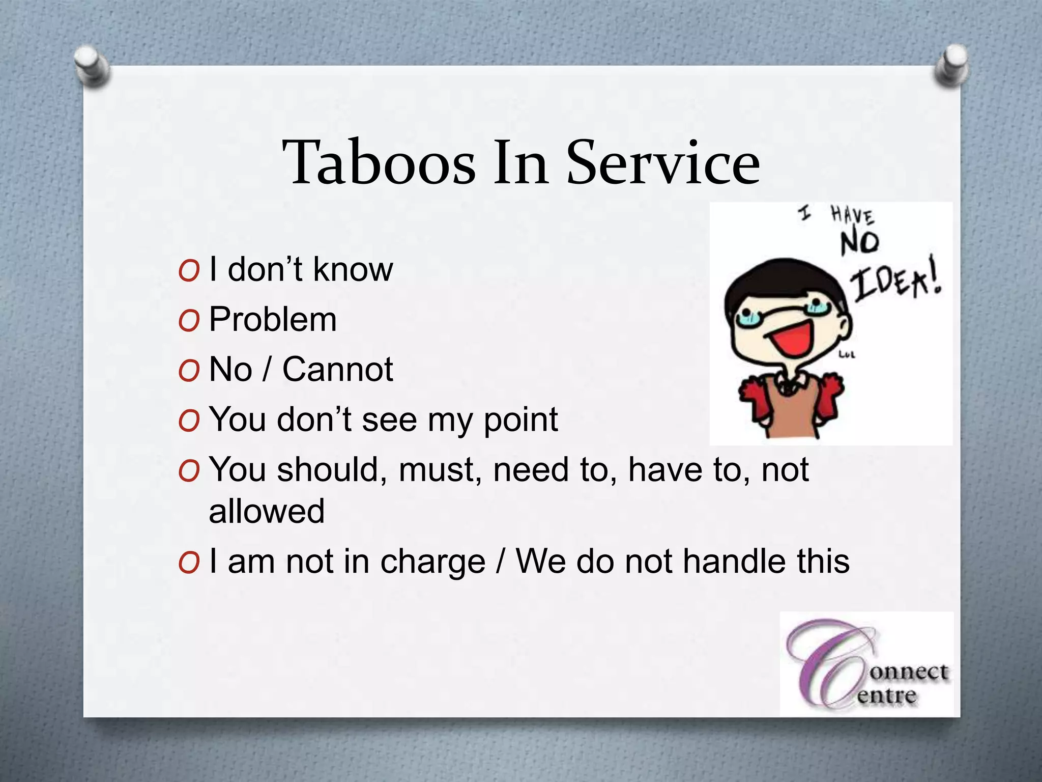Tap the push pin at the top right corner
[x=951, y=66]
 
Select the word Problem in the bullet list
[x=273, y=320]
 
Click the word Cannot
[x=337, y=369]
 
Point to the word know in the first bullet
[x=353, y=269]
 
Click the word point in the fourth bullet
[x=520, y=420]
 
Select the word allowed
[x=266, y=511]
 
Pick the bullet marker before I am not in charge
[x=188, y=563]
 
